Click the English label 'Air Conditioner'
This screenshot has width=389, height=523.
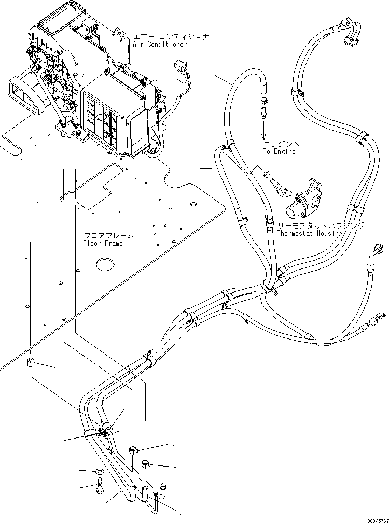[x=160, y=45]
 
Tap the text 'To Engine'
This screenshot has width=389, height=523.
[x=279, y=151]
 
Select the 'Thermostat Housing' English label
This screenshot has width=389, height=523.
[x=310, y=233]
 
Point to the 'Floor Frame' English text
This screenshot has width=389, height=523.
[x=103, y=243]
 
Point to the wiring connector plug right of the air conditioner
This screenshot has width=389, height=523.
[x=181, y=73]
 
